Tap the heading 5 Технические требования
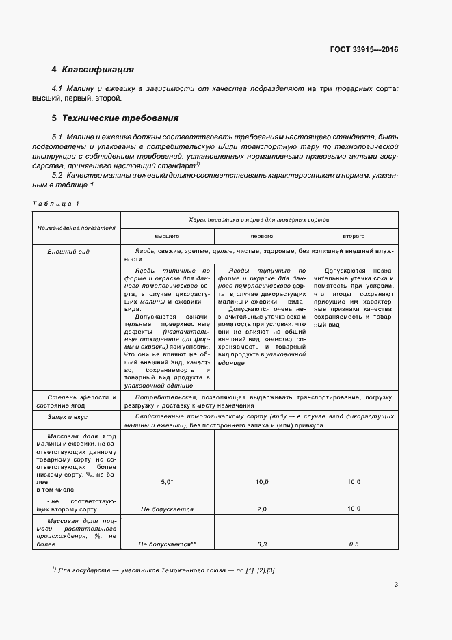(x=115, y=118)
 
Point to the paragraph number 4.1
(x=57, y=89)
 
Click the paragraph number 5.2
(x=57, y=176)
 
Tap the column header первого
(x=262, y=235)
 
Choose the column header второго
(x=354, y=235)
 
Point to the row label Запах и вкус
(x=68, y=416)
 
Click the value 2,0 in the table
(x=261, y=509)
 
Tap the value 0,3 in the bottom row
(x=261, y=544)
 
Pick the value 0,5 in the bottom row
(x=354, y=544)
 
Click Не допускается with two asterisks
(x=167, y=544)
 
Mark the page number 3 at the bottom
(x=396, y=585)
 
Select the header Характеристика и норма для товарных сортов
(x=260, y=220)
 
